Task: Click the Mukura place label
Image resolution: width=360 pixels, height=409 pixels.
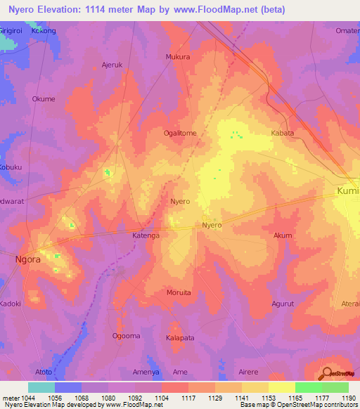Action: pos(177,57)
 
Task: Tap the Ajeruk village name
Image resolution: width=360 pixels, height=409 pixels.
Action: pos(112,64)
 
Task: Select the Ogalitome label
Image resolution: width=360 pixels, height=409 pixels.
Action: pos(180,132)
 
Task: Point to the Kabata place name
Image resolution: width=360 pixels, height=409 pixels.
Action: pos(282,132)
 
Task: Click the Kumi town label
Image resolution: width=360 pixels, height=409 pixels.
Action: pos(347,191)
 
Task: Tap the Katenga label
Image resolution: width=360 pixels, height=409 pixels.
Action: pos(146,236)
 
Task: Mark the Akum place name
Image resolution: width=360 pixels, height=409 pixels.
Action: pos(283,236)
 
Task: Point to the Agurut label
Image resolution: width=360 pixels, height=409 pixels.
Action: pos(283,304)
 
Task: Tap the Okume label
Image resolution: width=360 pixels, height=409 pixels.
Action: pos(44,99)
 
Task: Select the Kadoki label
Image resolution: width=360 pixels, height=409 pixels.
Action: pos(11,304)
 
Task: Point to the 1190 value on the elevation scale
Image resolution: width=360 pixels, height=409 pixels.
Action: pos(348,397)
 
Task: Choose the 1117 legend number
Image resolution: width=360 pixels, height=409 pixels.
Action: pos(188,397)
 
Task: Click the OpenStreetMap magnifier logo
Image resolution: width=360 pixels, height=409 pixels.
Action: pos(326,373)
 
